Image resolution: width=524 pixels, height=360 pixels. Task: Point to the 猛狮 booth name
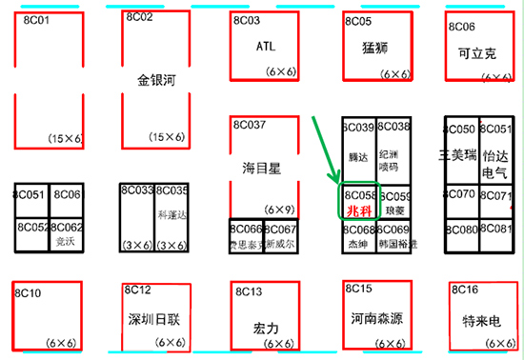pyautogui.click(x=377, y=48)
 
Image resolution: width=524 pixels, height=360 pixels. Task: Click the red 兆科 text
pyautogui.click(x=358, y=210)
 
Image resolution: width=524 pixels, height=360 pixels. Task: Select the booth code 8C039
pyautogui.click(x=358, y=127)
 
